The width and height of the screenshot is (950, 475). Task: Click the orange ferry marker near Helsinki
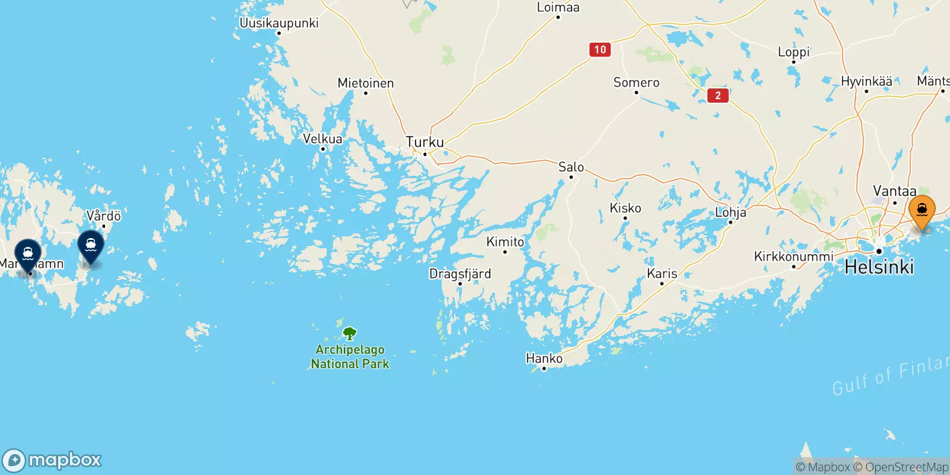pyautogui.click(x=922, y=211)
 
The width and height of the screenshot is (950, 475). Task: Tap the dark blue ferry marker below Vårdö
pyautogui.click(x=91, y=245)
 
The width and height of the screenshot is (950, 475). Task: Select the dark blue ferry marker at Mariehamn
pyautogui.click(x=28, y=254)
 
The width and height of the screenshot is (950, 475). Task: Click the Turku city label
pyautogui.click(x=425, y=142)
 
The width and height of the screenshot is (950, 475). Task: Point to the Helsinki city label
pyautogui.click(x=879, y=267)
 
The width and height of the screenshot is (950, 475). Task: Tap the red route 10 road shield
pyautogui.click(x=600, y=50)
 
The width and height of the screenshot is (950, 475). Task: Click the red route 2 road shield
pyautogui.click(x=718, y=96)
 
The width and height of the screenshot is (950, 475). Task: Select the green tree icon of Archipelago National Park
pyautogui.click(x=350, y=334)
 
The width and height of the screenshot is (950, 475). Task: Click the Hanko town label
pyautogui.click(x=544, y=359)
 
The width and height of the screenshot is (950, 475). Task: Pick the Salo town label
pyautogui.click(x=571, y=167)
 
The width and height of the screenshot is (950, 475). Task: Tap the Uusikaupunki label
pyautogui.click(x=279, y=23)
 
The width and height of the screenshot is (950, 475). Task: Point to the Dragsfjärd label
pyautogui.click(x=460, y=274)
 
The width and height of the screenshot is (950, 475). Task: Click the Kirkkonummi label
pyautogui.click(x=794, y=256)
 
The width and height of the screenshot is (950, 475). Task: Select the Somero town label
pyautogui.click(x=636, y=83)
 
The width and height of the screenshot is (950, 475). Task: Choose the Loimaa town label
pyautogui.click(x=558, y=8)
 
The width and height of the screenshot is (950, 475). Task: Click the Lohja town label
pyautogui.click(x=730, y=212)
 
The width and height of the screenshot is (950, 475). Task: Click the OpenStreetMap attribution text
pyautogui.click(x=901, y=467)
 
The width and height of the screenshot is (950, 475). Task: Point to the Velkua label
pyautogui.click(x=322, y=139)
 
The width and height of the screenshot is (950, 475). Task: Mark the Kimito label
pyautogui.click(x=505, y=242)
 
